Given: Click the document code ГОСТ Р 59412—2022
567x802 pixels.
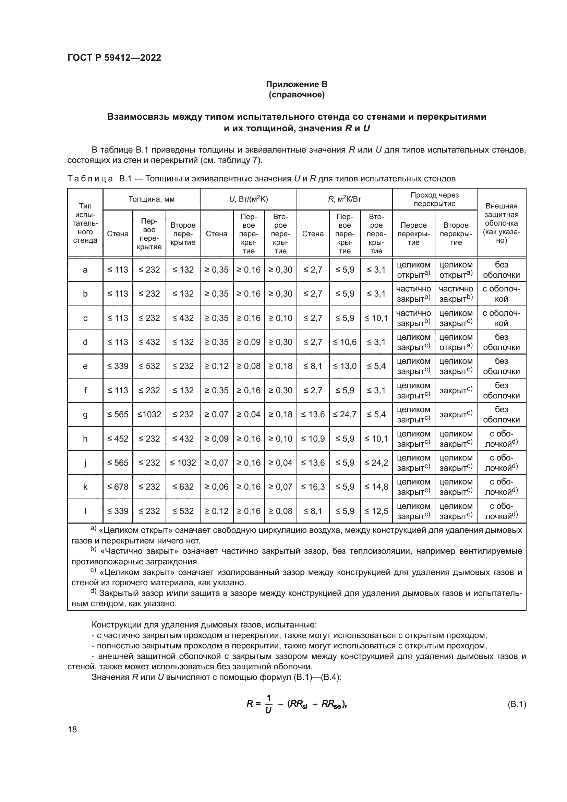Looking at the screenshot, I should tap(114, 58).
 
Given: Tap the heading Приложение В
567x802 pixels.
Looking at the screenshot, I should tap(297, 84).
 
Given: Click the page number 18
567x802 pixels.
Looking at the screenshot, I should tap(72, 729).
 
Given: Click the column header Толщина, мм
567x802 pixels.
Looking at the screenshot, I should tap(151, 199).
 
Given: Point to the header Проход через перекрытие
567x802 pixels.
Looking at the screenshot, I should tap(434, 199).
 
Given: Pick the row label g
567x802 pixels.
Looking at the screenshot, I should tap(85, 415).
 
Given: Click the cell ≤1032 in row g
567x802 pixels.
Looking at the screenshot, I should tap(149, 415).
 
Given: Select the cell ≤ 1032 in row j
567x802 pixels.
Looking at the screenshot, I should tap(183, 463).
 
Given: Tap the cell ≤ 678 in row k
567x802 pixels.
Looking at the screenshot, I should tap(118, 487).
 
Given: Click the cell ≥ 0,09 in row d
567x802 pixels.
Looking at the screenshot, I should tap(249, 342).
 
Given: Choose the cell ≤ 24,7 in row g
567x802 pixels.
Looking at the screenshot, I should tap(345, 415).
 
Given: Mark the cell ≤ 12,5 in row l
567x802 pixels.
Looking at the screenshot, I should tap(376, 511).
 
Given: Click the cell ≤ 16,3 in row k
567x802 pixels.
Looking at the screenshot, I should tap(313, 487).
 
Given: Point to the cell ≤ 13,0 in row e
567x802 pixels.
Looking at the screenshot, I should tap(345, 366).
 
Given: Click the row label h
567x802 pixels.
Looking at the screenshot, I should tap(85, 439).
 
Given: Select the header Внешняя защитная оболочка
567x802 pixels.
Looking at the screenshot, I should tap(502, 223).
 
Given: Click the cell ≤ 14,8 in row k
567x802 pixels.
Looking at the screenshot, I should tap(376, 487).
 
